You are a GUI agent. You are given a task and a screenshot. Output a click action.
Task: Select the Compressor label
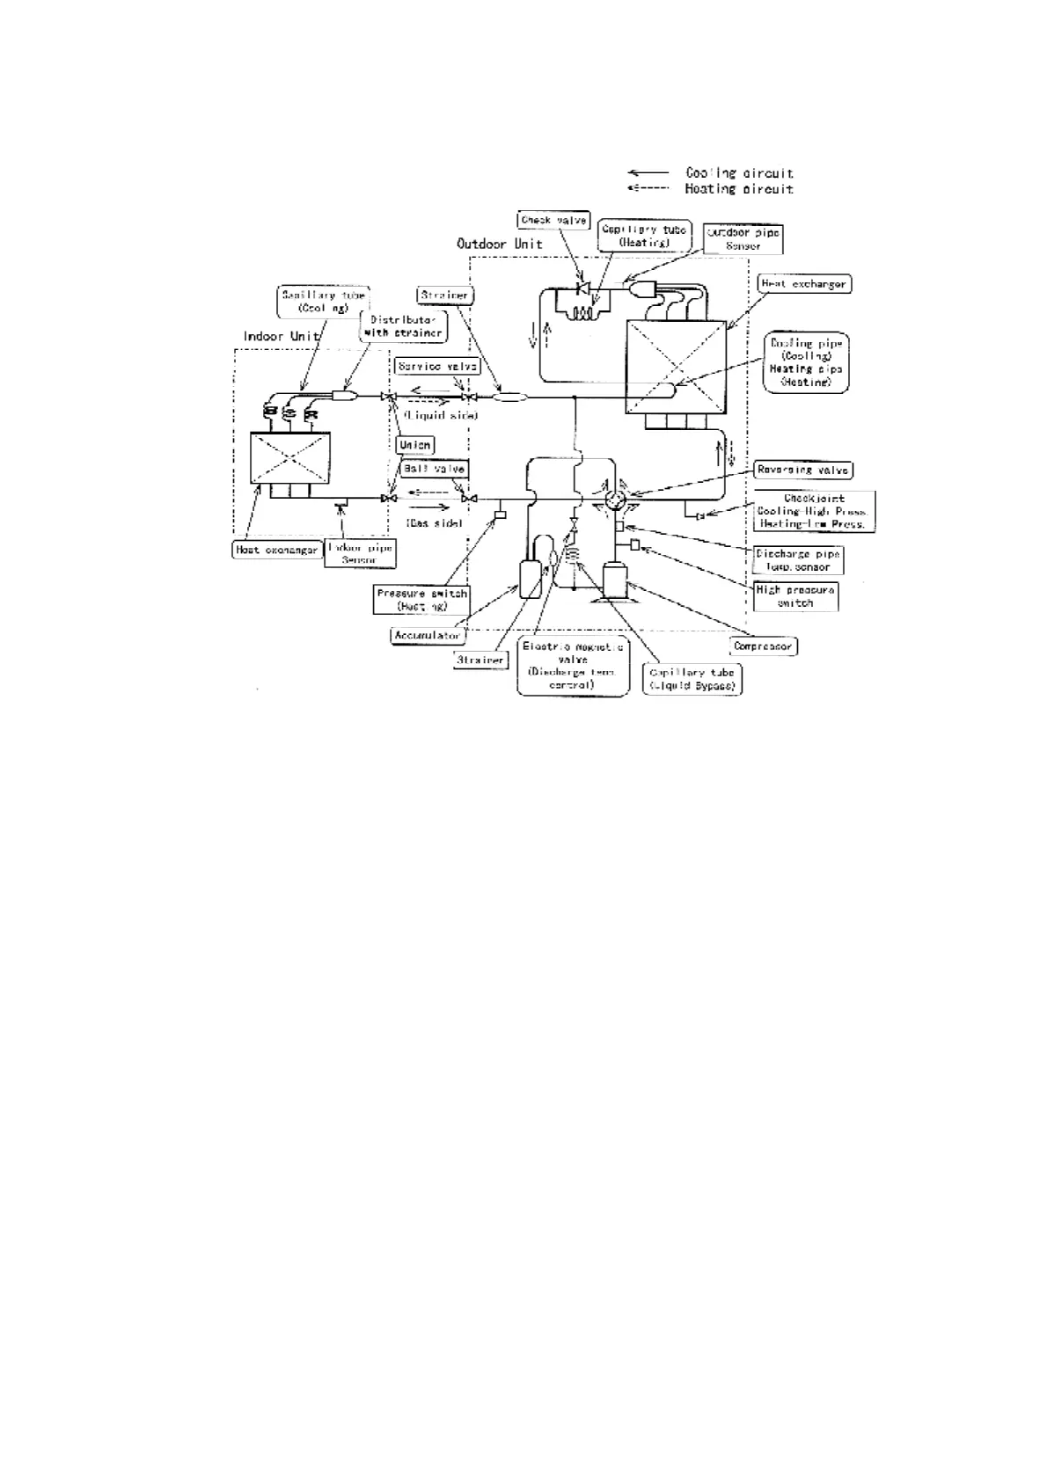763,646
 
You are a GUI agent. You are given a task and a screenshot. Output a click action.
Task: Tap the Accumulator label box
428,634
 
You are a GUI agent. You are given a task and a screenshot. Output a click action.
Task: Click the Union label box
414,445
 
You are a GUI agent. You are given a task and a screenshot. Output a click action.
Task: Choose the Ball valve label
434,470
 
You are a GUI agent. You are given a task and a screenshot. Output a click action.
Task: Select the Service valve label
437,366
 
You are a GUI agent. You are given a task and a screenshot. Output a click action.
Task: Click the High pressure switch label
795,596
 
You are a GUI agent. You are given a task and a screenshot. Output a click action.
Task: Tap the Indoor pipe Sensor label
360,553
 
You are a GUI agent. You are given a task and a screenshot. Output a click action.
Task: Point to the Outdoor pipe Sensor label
743,239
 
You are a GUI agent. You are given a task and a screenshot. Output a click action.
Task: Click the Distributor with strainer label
403,326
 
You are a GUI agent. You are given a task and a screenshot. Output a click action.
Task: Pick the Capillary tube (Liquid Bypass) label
692,679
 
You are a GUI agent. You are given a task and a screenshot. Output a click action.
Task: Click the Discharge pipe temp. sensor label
798,560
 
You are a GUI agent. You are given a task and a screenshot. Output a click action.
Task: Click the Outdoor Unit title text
499,244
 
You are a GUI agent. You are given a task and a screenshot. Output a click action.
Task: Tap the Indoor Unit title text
281,337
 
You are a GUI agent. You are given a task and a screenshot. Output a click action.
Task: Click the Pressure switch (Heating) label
421,600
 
